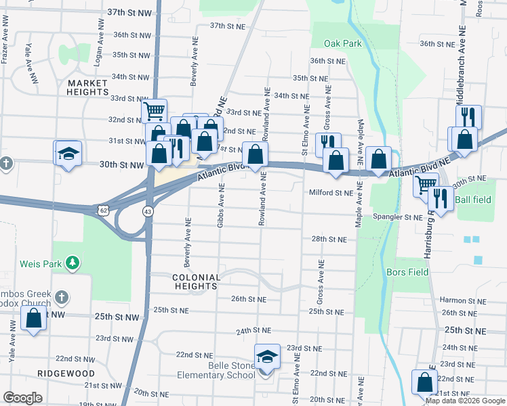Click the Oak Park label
coord(343,43)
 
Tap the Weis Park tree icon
coord(74,262)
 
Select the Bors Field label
coord(407,272)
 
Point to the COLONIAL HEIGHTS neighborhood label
coord(196,281)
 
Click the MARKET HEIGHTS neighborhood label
coord(88,87)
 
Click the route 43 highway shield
coord(147,212)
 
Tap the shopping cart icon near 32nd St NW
coord(155,110)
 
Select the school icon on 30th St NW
coord(68,152)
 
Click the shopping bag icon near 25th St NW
coord(34,319)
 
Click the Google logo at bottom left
coord(23,398)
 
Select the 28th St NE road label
coord(329,240)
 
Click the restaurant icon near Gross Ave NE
coord(327,143)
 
